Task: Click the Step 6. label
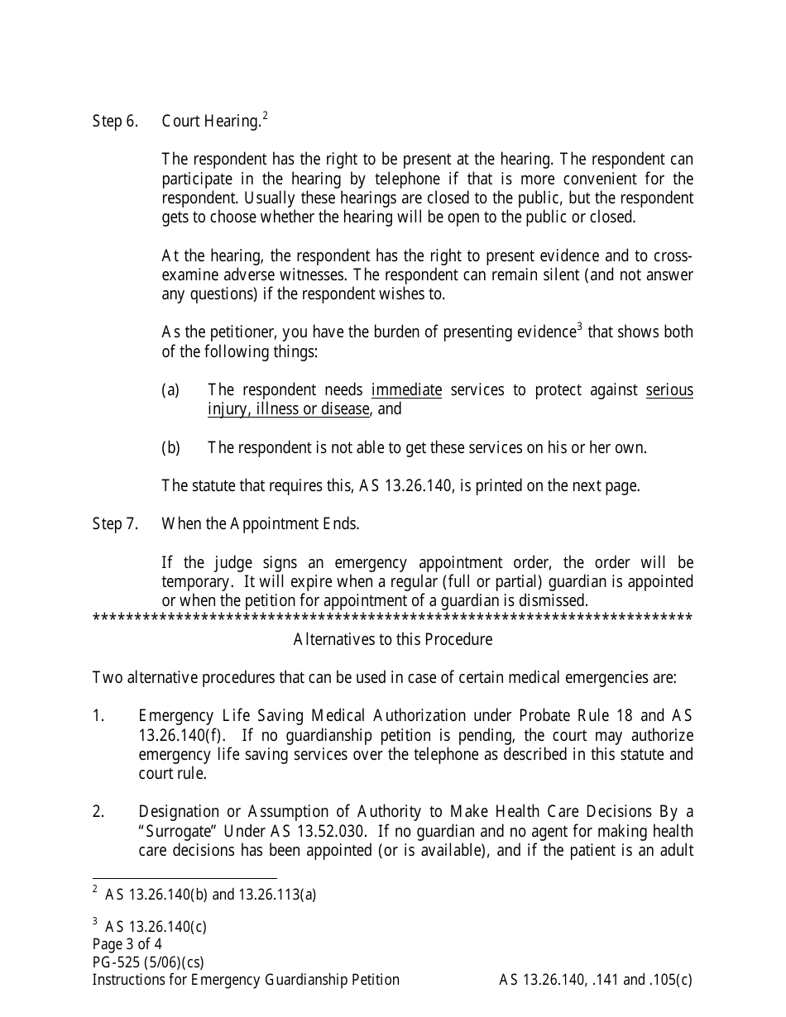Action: point(114,122)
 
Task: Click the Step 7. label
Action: point(114,523)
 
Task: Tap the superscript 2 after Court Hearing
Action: point(265,116)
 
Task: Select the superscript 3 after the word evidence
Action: point(580,327)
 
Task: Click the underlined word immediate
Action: point(406,389)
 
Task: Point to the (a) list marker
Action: point(170,389)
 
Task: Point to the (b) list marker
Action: point(170,447)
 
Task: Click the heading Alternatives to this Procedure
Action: point(392,639)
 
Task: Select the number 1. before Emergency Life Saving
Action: point(98,715)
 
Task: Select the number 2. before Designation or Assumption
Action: point(98,811)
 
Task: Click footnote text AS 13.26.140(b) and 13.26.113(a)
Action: point(210,894)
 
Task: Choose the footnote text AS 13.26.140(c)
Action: point(156,927)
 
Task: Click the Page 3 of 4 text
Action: point(127,944)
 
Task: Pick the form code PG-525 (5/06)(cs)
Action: point(148,962)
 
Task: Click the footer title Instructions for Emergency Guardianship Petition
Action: point(246,980)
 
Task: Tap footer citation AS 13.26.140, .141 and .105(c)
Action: point(596,980)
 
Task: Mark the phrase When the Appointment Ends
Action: point(261,523)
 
